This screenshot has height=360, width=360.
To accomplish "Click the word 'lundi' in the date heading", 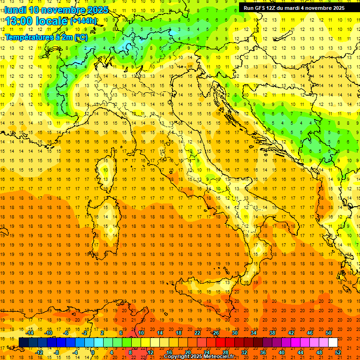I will pos(16,10).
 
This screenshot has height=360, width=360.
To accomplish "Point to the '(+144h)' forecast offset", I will pos(83,21).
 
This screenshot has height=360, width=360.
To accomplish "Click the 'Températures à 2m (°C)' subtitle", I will pos(46,37).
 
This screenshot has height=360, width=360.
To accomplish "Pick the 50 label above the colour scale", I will pos(329,332).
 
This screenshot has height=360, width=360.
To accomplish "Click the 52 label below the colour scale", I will pos(338,352).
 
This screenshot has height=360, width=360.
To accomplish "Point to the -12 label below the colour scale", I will pos(39,352).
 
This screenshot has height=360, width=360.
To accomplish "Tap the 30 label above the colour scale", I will pos(235,332).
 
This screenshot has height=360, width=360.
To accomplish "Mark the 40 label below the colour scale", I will pos(282,352).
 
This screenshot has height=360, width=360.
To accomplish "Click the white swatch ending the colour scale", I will pos(333,342).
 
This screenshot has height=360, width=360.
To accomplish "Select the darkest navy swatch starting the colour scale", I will pos(24,342).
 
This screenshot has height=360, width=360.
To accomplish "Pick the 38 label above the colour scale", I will pos(272,332).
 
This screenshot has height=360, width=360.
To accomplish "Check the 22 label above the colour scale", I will pos(197,332).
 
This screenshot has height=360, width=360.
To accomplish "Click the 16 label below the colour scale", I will pos(169,352).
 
